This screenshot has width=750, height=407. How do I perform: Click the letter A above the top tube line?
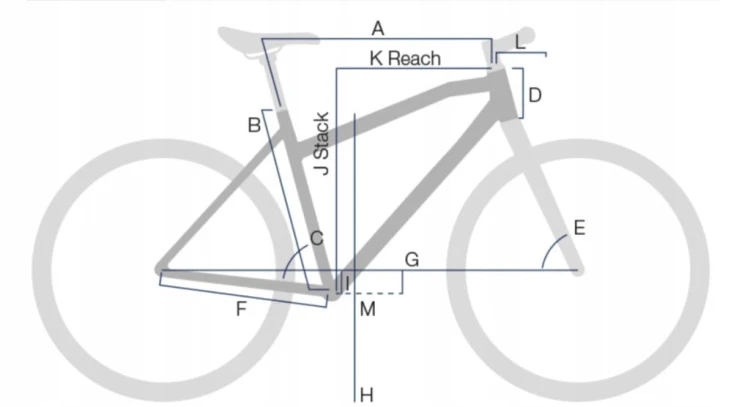click(378, 29)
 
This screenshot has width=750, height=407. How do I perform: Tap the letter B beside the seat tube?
click(254, 125)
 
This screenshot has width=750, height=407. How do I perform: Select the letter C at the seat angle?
click(317, 238)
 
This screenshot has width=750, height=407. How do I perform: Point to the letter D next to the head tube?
click(535, 95)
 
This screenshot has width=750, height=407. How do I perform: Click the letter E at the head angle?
click(579, 228)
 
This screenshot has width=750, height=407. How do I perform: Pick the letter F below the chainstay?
click(241, 309)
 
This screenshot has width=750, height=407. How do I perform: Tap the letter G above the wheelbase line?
click(412, 260)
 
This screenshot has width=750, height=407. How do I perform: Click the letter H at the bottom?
click(366, 395)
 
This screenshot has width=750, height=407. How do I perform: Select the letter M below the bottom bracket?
click(367, 309)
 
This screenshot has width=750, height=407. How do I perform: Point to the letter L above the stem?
click(520, 43)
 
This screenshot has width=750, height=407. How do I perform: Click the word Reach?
click(414, 58)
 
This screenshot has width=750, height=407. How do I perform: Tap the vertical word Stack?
click(321, 136)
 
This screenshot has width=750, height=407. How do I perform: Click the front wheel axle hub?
click(578, 270)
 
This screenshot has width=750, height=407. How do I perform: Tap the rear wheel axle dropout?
click(161, 269)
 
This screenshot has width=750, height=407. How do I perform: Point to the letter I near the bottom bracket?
click(347, 283)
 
